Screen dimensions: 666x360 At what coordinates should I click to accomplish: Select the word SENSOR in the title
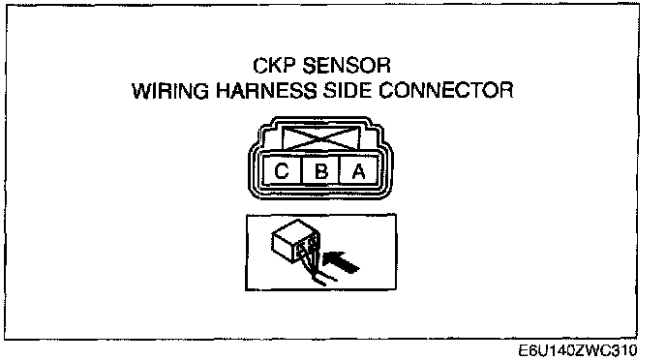(x=347, y=66)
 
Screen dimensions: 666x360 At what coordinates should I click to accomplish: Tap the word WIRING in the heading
(x=170, y=90)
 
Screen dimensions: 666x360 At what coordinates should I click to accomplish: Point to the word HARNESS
(x=266, y=90)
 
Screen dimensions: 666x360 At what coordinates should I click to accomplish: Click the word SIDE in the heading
(x=347, y=90)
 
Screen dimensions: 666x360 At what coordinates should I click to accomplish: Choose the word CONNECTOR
(x=445, y=90)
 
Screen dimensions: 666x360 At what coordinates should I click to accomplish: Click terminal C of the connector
(x=282, y=170)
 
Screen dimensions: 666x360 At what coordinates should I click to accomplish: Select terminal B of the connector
(x=320, y=170)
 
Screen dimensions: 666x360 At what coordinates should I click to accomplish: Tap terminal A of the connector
(x=359, y=170)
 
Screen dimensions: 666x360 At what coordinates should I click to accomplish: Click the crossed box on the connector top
(x=321, y=137)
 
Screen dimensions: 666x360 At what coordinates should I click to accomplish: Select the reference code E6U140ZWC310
(x=578, y=350)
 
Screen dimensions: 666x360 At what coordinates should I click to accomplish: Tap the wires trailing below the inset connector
(x=318, y=272)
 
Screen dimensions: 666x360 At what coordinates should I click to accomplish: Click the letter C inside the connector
(x=282, y=171)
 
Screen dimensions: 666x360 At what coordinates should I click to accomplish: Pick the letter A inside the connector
(x=359, y=171)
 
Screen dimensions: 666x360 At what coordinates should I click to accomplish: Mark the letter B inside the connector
(x=321, y=171)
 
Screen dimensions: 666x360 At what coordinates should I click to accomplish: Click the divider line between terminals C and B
(x=301, y=170)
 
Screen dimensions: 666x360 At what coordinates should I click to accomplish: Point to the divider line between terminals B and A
(x=340, y=170)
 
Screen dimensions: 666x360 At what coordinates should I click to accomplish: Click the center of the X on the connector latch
(x=321, y=137)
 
